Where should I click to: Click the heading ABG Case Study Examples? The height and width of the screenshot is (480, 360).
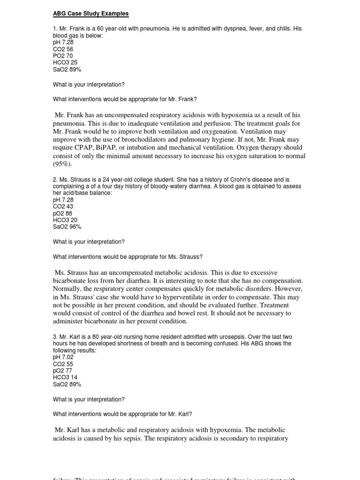click(90, 14)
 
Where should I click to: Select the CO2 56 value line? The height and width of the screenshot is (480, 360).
click(63, 49)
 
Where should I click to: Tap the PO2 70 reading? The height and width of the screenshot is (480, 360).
click(63, 56)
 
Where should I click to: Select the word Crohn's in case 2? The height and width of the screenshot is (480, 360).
click(215, 180)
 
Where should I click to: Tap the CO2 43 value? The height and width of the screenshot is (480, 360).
click(63, 206)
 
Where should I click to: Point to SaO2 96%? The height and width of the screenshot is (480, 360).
click(67, 227)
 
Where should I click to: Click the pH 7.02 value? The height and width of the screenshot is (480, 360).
click(63, 357)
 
